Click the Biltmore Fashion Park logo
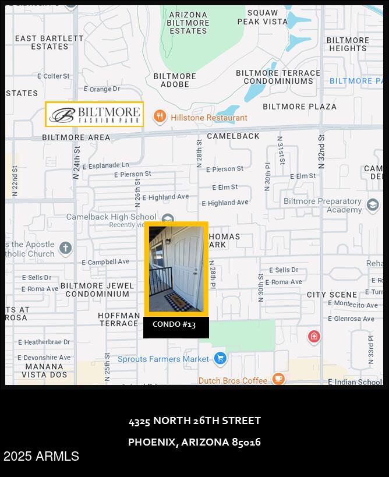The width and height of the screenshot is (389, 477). coord(94,114)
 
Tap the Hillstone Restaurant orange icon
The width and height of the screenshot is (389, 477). coord(160,116)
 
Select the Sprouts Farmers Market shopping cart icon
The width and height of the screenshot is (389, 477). coord(220,358)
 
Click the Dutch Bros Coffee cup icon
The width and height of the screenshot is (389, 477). coord(278,379)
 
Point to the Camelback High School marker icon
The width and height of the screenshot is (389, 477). coord(168,219)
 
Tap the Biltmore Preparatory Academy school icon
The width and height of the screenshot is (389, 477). coord(373,205)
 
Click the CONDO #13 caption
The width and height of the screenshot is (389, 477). coord(174,324)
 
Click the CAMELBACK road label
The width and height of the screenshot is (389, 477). coord(233,136)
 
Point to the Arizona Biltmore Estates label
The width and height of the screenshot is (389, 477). coord(188,23)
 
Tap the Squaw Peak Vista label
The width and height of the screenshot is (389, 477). coord(262,17)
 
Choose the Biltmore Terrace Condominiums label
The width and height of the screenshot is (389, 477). coord(278,77)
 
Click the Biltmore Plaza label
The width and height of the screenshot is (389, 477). coord(299,107)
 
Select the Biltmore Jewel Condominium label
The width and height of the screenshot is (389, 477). coord(97,289)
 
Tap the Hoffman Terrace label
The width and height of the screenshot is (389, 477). coord(119,319)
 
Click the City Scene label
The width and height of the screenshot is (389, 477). coord(332,295)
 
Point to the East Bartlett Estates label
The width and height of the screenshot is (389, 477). coord(49,42)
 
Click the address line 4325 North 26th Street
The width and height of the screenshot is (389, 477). coord(194,421)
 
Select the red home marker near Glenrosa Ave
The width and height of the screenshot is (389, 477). coord(314,336)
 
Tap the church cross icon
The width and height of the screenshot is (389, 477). coord(65,248)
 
